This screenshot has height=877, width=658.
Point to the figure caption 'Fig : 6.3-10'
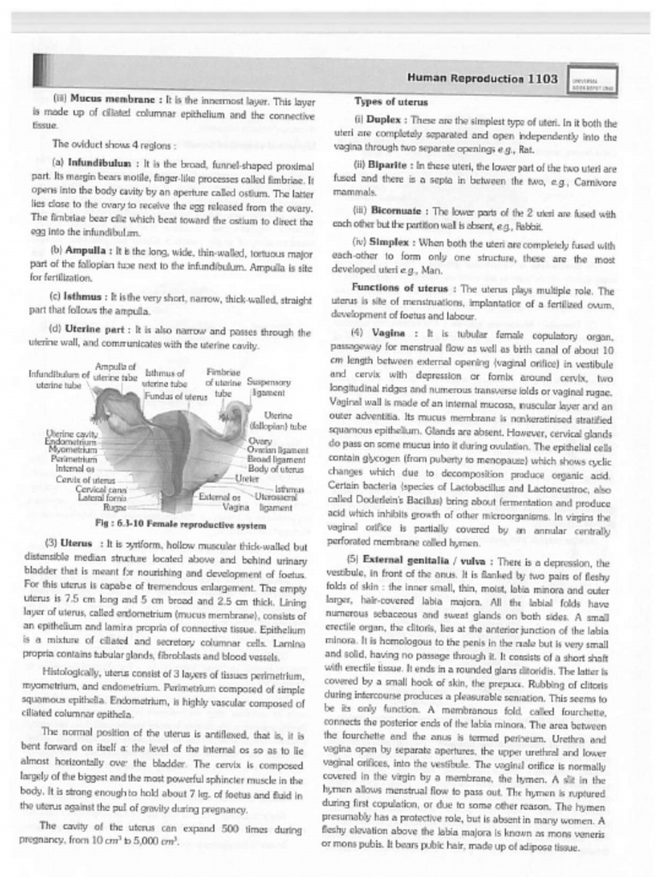tap(129, 522)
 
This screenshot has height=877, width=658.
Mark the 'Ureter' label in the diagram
tap(247, 479)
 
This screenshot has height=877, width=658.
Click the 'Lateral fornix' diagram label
tap(102, 498)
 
